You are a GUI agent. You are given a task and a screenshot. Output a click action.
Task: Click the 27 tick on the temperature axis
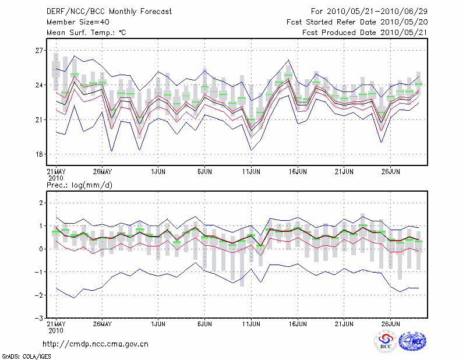[x=39, y=51]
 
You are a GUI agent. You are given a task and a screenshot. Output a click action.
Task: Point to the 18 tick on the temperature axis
[x=39, y=154]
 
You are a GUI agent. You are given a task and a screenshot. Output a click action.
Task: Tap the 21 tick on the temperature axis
[x=39, y=120]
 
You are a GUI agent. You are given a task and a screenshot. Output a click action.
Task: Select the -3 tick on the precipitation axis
[x=38, y=318]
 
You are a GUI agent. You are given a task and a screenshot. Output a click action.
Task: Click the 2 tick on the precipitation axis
[x=41, y=203]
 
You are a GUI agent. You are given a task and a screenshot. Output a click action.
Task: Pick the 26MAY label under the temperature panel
[x=103, y=172]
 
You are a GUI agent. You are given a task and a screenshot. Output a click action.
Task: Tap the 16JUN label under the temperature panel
[x=298, y=172]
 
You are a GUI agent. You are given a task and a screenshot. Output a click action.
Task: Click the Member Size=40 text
[x=74, y=22]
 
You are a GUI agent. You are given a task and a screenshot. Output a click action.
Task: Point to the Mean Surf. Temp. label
[x=86, y=32]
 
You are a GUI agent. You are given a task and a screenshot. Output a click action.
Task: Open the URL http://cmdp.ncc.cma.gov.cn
[x=96, y=344]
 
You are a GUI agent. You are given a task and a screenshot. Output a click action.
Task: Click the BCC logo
[x=386, y=342]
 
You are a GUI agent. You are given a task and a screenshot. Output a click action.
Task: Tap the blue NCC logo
[x=412, y=341]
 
